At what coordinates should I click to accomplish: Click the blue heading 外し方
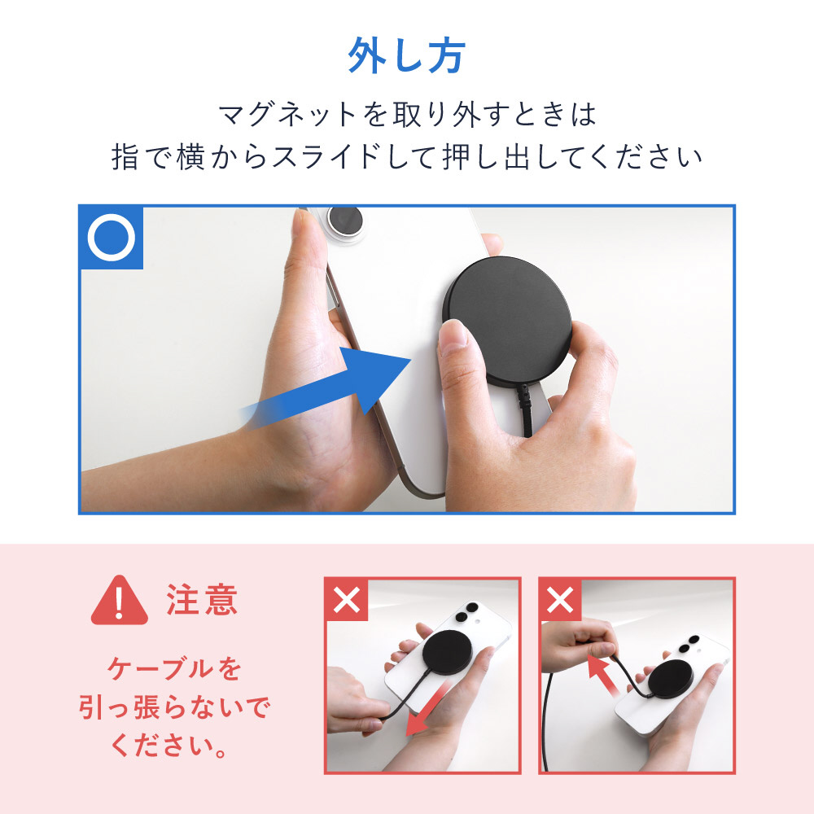coord(406,55)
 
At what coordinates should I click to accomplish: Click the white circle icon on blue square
coord(111,238)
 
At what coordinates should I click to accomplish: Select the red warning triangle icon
coord(120,601)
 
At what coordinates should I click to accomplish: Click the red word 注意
coord(202,600)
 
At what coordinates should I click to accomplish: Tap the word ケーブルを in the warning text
coord(174,668)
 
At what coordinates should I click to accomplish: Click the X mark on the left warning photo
coord(346,600)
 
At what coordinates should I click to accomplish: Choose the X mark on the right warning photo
coord(560,600)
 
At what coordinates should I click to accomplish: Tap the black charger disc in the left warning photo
coord(445,653)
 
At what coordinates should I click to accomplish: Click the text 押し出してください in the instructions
coord(572,157)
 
